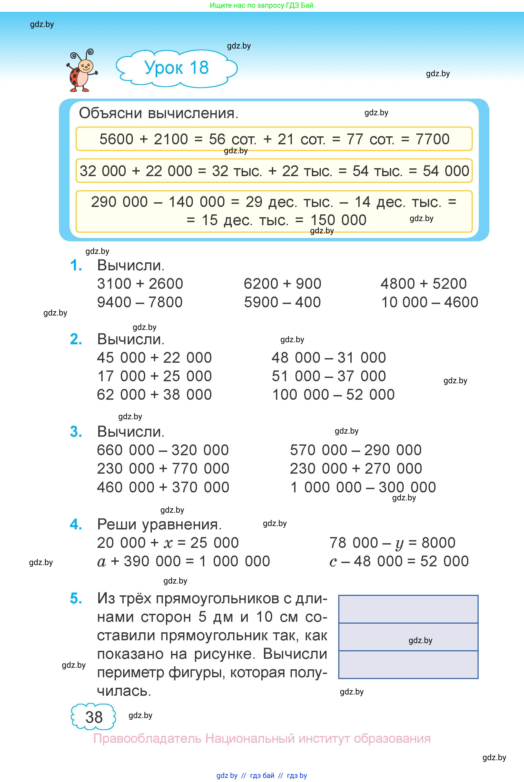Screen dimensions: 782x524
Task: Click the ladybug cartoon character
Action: [82, 71]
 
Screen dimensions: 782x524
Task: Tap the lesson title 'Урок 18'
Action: [176, 68]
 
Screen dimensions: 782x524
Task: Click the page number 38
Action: [94, 717]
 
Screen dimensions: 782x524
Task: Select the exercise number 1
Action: [76, 265]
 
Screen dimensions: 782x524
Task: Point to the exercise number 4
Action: [76, 524]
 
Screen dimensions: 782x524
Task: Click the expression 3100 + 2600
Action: [140, 284]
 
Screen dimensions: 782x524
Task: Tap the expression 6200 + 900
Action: [282, 284]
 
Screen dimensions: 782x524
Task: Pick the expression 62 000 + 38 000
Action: [154, 395]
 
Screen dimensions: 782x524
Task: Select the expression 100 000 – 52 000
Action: [333, 395]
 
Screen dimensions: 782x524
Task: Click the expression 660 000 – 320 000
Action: [163, 450]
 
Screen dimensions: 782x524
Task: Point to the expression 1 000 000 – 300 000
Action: [363, 487]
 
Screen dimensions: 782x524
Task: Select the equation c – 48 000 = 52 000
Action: [399, 561]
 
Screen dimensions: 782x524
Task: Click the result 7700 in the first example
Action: [432, 139]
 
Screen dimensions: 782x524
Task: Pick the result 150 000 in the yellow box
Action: [338, 220]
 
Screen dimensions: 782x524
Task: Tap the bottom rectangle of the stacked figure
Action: [408, 665]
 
